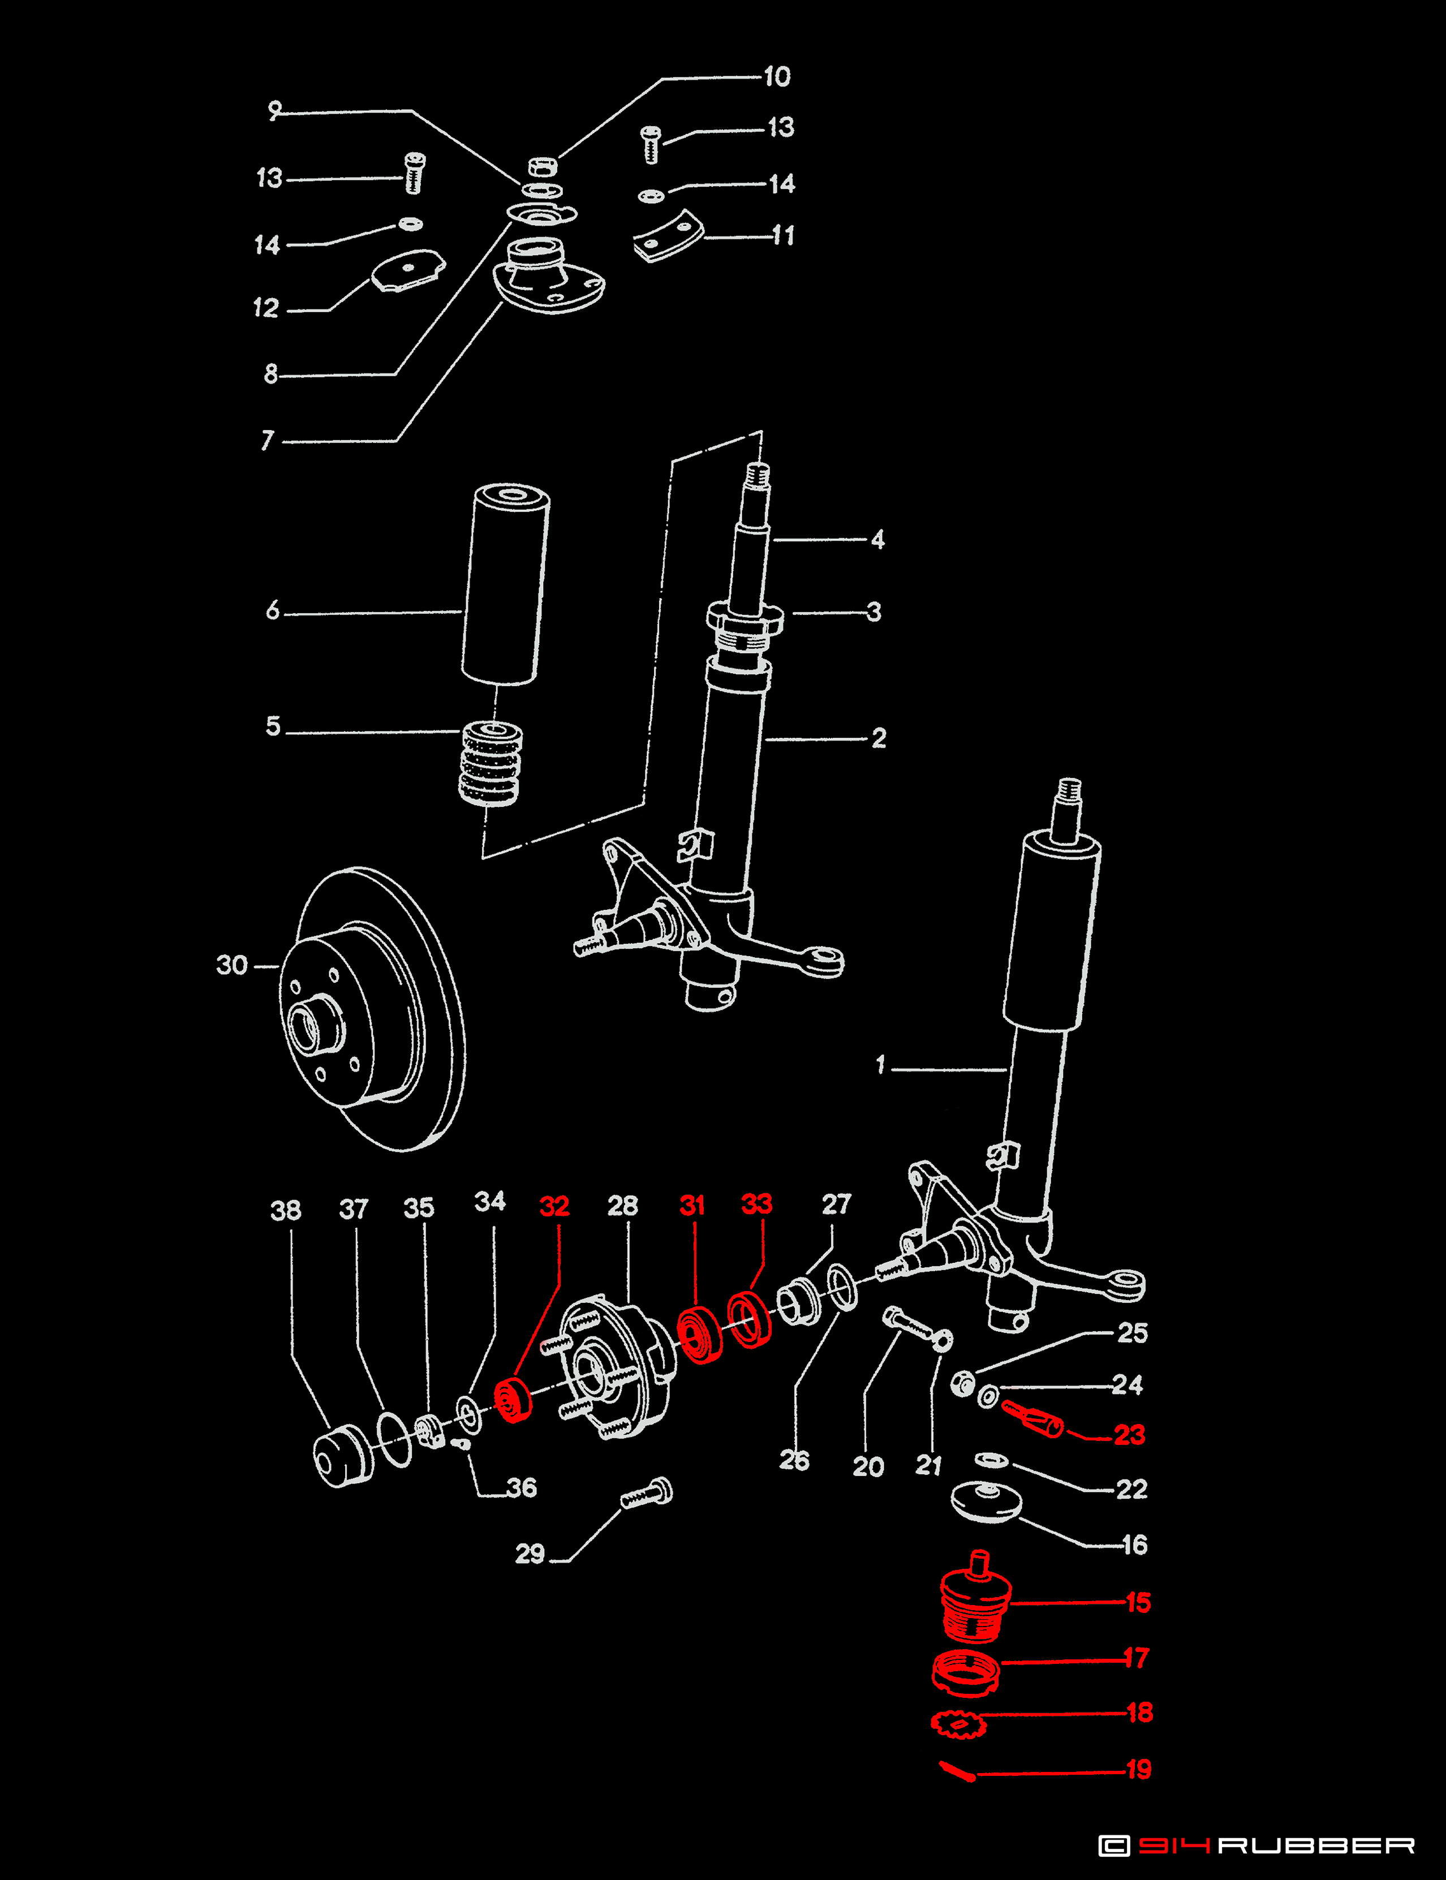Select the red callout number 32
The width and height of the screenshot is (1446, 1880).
554,1206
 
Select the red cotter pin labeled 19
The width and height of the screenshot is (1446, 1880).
956,1771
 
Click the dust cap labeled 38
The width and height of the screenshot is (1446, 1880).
343,1456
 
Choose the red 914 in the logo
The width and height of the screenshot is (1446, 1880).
1174,1845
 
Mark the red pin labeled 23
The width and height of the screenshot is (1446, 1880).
1033,1418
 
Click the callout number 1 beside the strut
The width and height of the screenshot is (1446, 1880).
880,1066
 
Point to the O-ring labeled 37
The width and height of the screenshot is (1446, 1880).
395,1438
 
